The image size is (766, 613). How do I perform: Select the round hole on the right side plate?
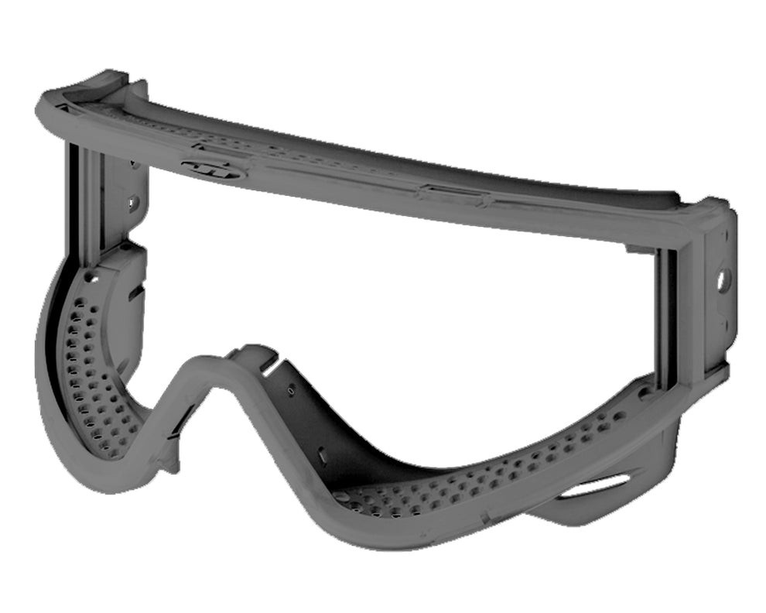pos(724,278)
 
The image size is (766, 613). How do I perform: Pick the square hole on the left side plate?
pos(132,204)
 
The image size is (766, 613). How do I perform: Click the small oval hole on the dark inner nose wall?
pos(291,392)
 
